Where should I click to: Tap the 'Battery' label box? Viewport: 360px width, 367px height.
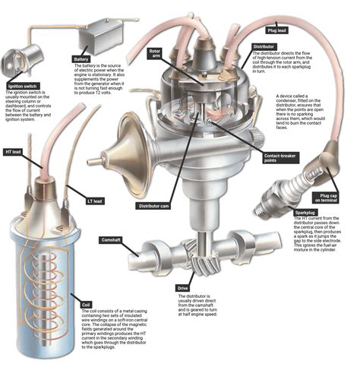(83, 59)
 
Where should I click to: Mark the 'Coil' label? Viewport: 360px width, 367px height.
(86, 301)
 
